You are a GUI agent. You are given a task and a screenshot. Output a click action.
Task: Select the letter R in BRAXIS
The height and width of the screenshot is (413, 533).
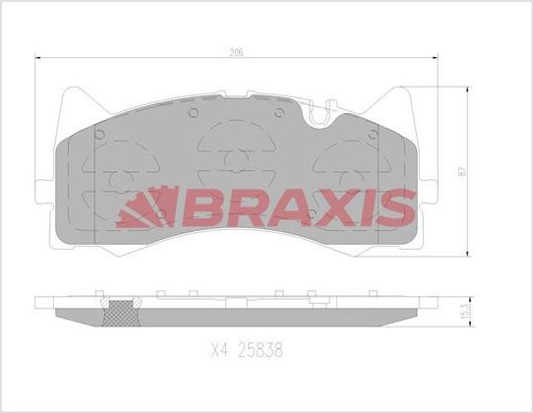point(229,207)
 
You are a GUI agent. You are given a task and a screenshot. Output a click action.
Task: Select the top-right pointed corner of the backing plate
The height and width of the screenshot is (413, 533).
point(403,91)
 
